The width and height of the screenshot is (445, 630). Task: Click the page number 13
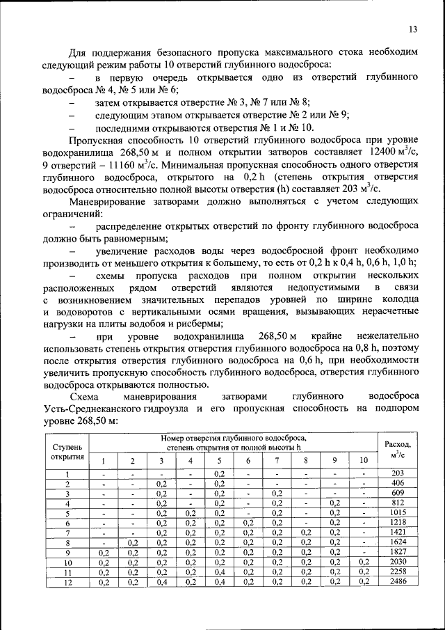click(x=412, y=29)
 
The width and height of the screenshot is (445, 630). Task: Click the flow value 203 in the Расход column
click(x=398, y=473)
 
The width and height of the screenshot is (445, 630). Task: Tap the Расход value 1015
click(x=398, y=512)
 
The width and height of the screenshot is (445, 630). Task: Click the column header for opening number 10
click(x=363, y=461)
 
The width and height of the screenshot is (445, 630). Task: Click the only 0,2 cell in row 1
click(x=218, y=473)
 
